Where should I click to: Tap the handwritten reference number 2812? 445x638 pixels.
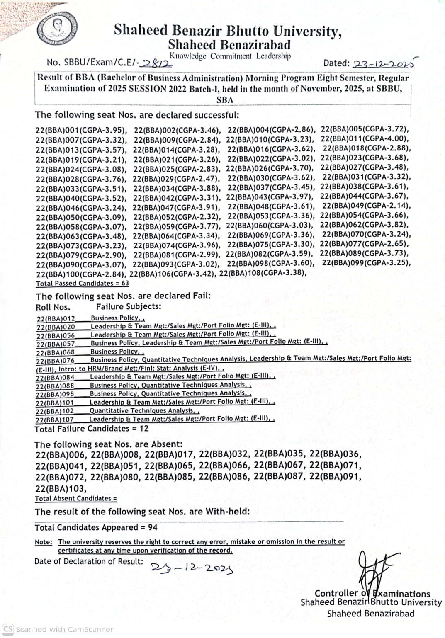(156, 63)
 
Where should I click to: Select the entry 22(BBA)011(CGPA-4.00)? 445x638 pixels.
(365, 139)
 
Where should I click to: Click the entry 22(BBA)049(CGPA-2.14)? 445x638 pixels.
(367, 206)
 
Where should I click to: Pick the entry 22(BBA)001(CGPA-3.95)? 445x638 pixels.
(81, 130)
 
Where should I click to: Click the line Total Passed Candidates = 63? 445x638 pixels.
(82, 284)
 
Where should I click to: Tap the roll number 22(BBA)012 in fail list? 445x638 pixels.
(56, 318)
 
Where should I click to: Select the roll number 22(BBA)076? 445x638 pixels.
(55, 360)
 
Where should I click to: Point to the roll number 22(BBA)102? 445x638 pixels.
(55, 411)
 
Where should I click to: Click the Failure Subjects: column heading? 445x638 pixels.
(129, 307)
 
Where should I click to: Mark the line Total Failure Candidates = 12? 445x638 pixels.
(91, 429)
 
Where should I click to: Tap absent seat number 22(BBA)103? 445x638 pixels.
(61, 488)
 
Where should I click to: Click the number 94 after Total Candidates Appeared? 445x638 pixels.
(153, 527)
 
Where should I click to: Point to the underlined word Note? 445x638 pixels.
(44, 542)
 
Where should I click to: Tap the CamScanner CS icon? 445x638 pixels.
(8, 629)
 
